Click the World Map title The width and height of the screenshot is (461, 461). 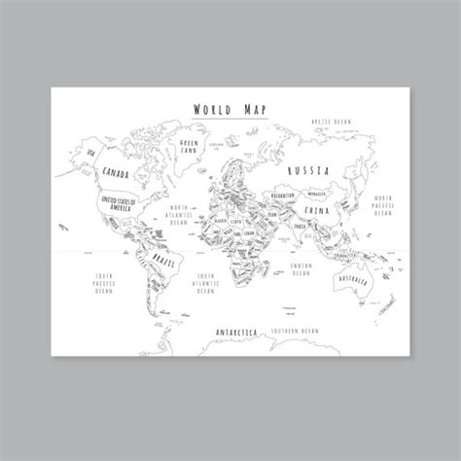230,110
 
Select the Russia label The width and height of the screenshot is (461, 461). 308,169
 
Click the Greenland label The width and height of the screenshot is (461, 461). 188,146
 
